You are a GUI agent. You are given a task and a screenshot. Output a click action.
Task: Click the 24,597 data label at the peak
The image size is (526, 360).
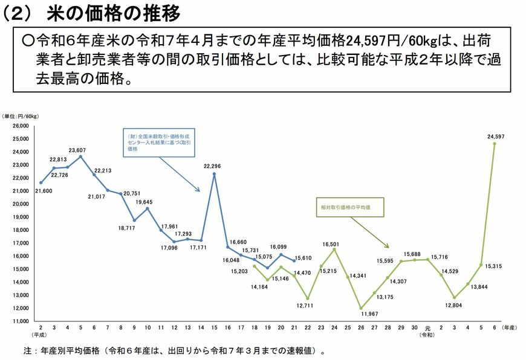(496, 137)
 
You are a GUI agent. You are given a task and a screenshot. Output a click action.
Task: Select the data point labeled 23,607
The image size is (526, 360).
(81, 156)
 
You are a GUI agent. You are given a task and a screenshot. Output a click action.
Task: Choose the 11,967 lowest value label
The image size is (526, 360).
(360, 314)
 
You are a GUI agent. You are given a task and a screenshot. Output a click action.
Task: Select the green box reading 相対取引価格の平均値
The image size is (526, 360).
(346, 207)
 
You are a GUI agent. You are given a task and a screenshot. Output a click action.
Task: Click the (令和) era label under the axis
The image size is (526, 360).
(427, 335)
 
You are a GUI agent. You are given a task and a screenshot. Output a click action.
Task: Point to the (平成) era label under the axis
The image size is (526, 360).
(41, 335)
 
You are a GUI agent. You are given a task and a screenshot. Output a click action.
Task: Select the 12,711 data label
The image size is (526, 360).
(308, 305)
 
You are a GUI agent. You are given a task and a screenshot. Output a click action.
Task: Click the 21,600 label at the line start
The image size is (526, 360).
(43, 191)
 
